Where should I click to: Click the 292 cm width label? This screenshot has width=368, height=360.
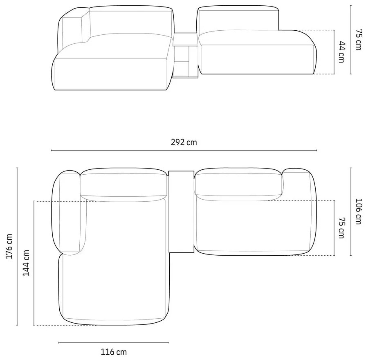click(184, 142)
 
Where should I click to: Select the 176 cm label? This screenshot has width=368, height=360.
click(9, 246)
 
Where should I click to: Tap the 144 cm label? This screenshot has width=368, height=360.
click(26, 263)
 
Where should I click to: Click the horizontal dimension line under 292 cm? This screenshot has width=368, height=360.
click(184, 151)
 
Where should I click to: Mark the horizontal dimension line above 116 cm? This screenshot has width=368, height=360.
click(114, 342)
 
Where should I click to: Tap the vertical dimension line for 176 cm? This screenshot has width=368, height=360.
click(17, 246)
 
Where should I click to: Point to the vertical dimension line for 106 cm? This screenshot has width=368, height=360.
click(351, 211)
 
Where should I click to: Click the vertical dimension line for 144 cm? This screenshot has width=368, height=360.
click(34, 263)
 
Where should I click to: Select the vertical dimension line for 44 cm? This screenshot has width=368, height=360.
click(334, 52)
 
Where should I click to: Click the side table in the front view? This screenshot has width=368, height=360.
click(185, 57)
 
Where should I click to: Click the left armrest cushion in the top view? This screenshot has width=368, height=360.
click(70, 213)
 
